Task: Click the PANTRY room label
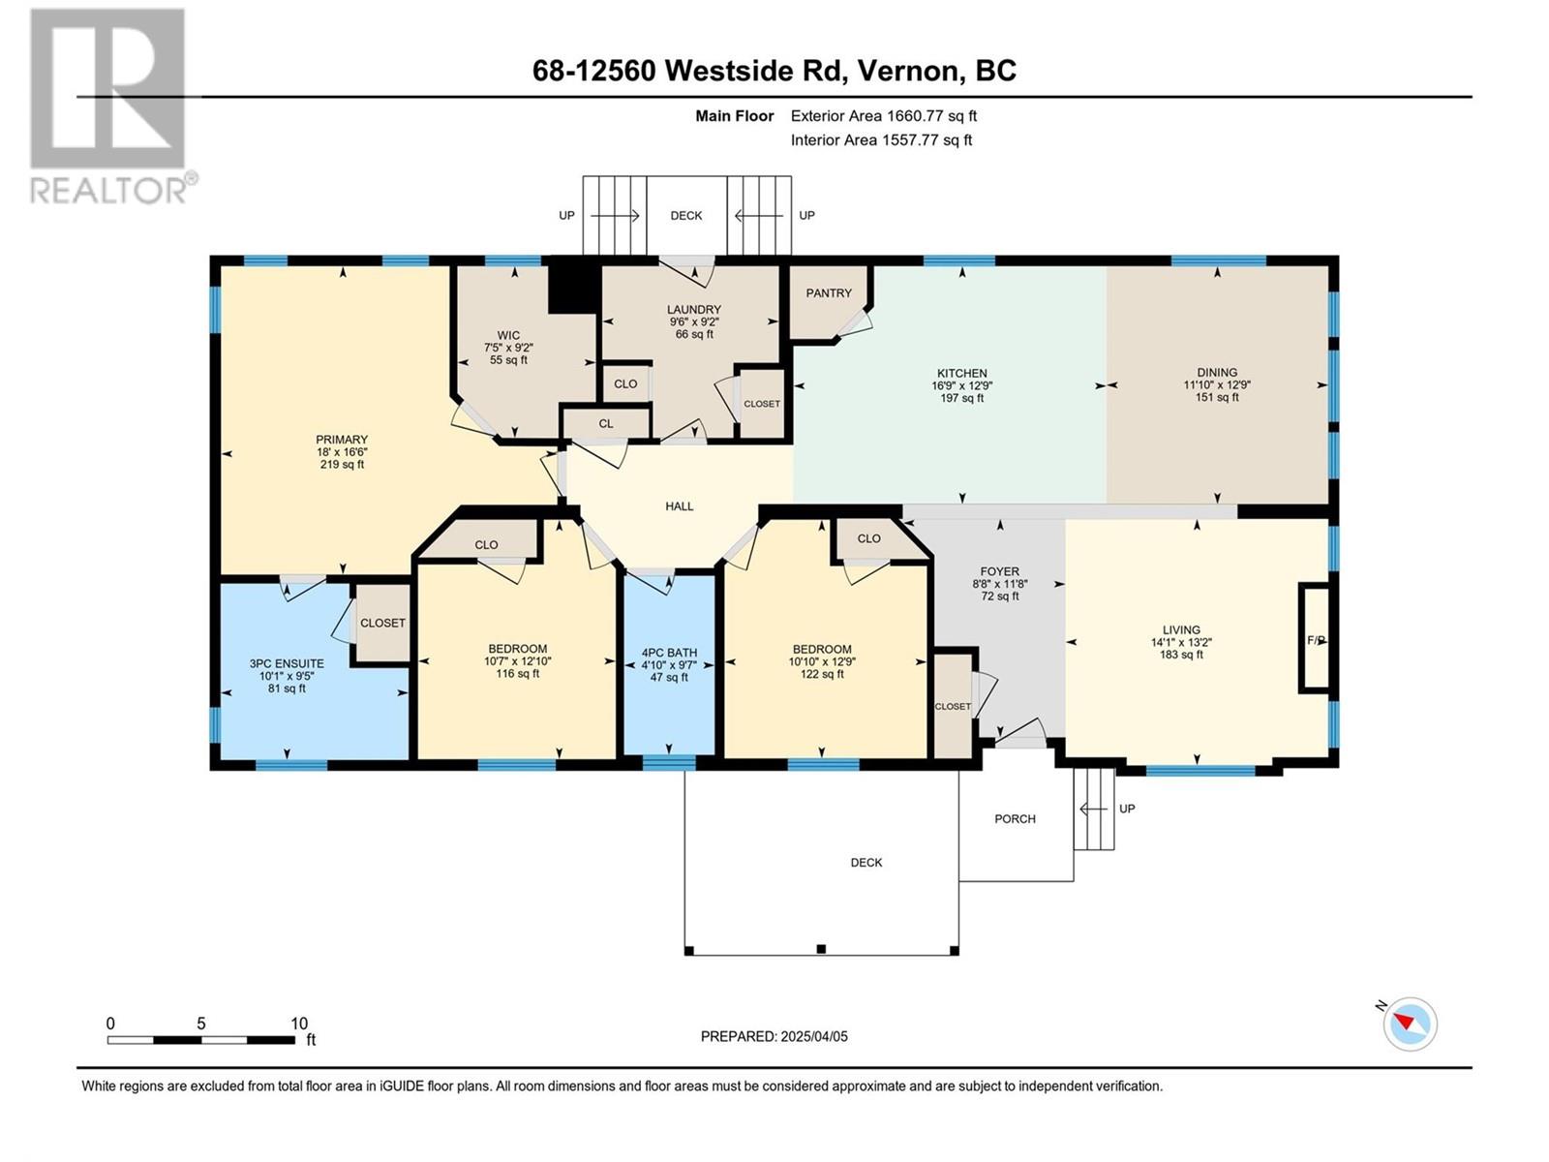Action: pyautogui.click(x=829, y=292)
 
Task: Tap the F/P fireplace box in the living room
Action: pyautogui.click(x=1315, y=639)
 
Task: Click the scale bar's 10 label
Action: pyautogui.click(x=299, y=1023)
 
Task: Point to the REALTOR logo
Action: pyautogui.click(x=110, y=106)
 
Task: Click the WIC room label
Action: pyautogui.click(x=508, y=335)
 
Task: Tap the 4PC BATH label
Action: pyautogui.click(x=669, y=653)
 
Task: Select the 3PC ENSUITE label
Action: pyautogui.click(x=287, y=663)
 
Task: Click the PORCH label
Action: pyautogui.click(x=1015, y=818)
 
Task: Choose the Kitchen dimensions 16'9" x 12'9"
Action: pyautogui.click(x=962, y=385)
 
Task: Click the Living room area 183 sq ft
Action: pyautogui.click(x=1181, y=654)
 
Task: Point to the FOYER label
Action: pyautogui.click(x=999, y=570)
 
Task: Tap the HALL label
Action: pyautogui.click(x=679, y=505)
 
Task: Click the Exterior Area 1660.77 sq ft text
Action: pyautogui.click(x=884, y=115)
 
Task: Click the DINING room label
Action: pyautogui.click(x=1217, y=372)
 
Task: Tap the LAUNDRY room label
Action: pyautogui.click(x=694, y=309)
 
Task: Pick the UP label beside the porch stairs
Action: pyautogui.click(x=1127, y=808)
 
